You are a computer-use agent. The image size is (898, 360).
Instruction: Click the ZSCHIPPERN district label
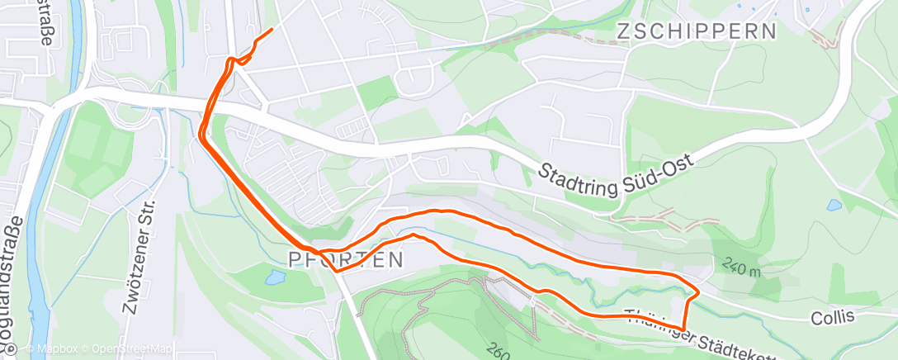pos(697,32)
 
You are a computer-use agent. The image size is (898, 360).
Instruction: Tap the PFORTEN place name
pos(346,260)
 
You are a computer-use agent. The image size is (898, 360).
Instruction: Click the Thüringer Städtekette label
pos(702,338)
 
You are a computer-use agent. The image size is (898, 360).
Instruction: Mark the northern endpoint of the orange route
pos(272,31)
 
